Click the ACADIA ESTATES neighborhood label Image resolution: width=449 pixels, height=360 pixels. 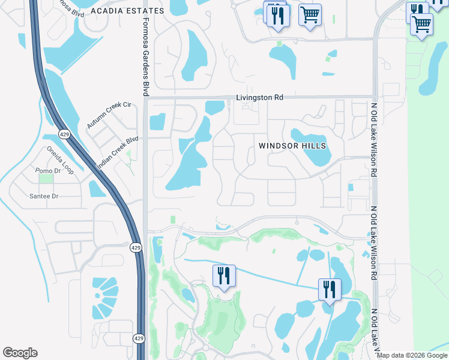[x=127, y=11]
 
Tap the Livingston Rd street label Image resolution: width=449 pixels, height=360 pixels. [x=259, y=97]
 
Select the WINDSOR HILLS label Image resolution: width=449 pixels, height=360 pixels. [x=292, y=146]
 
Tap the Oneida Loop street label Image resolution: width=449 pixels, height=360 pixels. [x=60, y=160]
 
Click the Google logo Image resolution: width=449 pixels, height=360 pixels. [x=20, y=353]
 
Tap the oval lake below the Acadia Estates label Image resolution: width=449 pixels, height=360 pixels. [x=194, y=55]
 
